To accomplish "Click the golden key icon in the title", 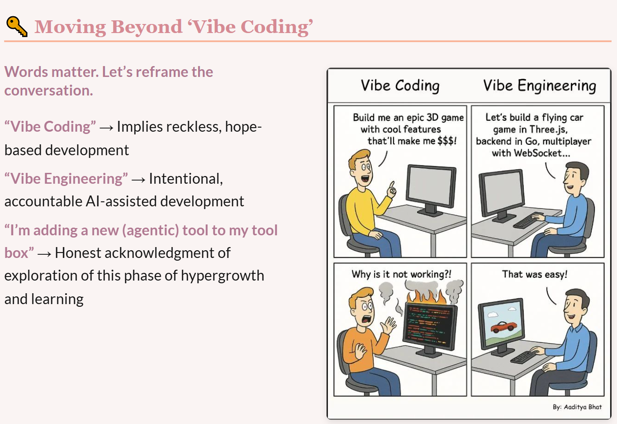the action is pyautogui.click(x=17, y=26).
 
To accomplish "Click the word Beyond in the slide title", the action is pyautogui.click(x=147, y=27).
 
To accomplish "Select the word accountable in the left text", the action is pyautogui.click(x=43, y=201).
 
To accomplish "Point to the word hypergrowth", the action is pyautogui.click(x=223, y=276).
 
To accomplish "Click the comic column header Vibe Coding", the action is pyautogui.click(x=400, y=86).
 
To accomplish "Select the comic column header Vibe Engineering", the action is pyautogui.click(x=540, y=86).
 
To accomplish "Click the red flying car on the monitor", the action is pyautogui.click(x=503, y=327).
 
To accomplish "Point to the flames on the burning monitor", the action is pyautogui.click(x=427, y=296).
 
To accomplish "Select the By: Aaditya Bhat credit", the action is pyautogui.click(x=577, y=407).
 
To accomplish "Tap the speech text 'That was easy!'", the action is pyautogui.click(x=534, y=274).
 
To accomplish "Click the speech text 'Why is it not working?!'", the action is pyautogui.click(x=401, y=274).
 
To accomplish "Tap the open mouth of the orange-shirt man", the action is pyautogui.click(x=366, y=319).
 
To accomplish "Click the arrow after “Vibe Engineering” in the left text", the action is pyautogui.click(x=138, y=180).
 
